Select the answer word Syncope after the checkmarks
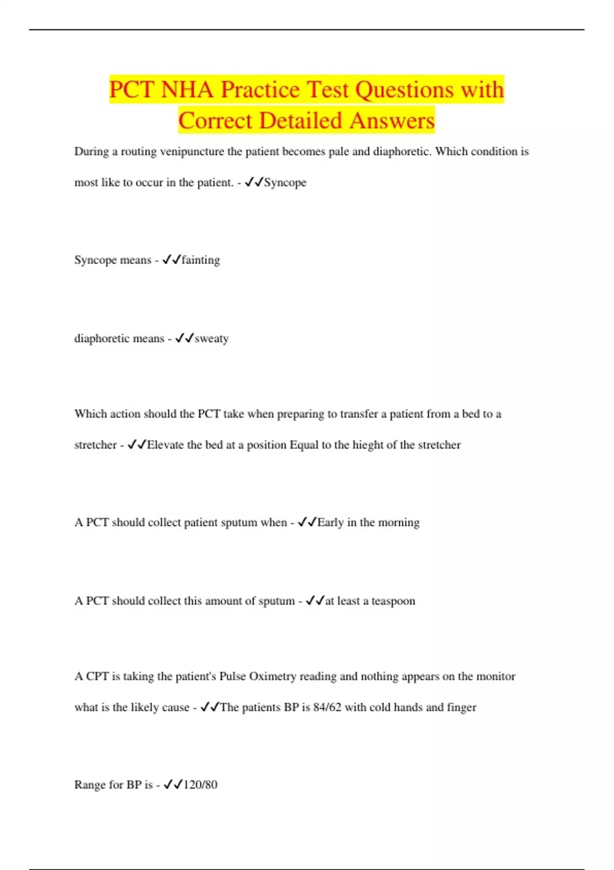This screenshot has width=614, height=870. pyautogui.click(x=285, y=183)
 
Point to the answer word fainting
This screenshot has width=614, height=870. pyautogui.click(x=201, y=260)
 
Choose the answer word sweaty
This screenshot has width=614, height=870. pyautogui.click(x=211, y=338)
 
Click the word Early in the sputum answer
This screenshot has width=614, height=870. pyautogui.click(x=330, y=523)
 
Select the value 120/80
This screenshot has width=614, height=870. pyautogui.click(x=200, y=785)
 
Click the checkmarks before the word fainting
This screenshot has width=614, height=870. pyautogui.click(x=171, y=260)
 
